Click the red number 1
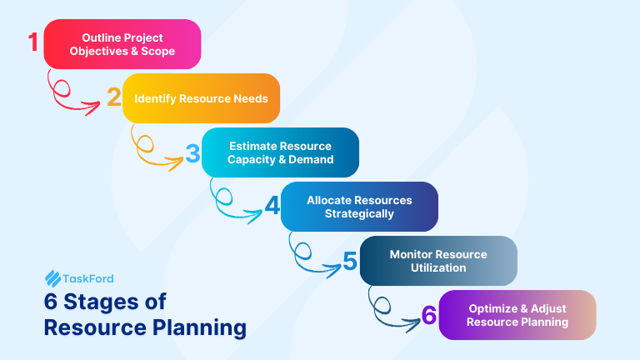(34, 42)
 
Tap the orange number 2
(113, 97)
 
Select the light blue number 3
(192, 153)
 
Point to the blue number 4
(272, 206)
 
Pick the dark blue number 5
(350, 261)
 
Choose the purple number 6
(429, 315)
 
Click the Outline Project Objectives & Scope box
(122, 44)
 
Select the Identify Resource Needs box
(201, 98)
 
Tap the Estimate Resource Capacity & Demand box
(281, 152)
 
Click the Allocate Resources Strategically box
(359, 207)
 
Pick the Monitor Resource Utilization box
(438, 261)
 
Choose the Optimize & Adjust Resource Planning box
(517, 315)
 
